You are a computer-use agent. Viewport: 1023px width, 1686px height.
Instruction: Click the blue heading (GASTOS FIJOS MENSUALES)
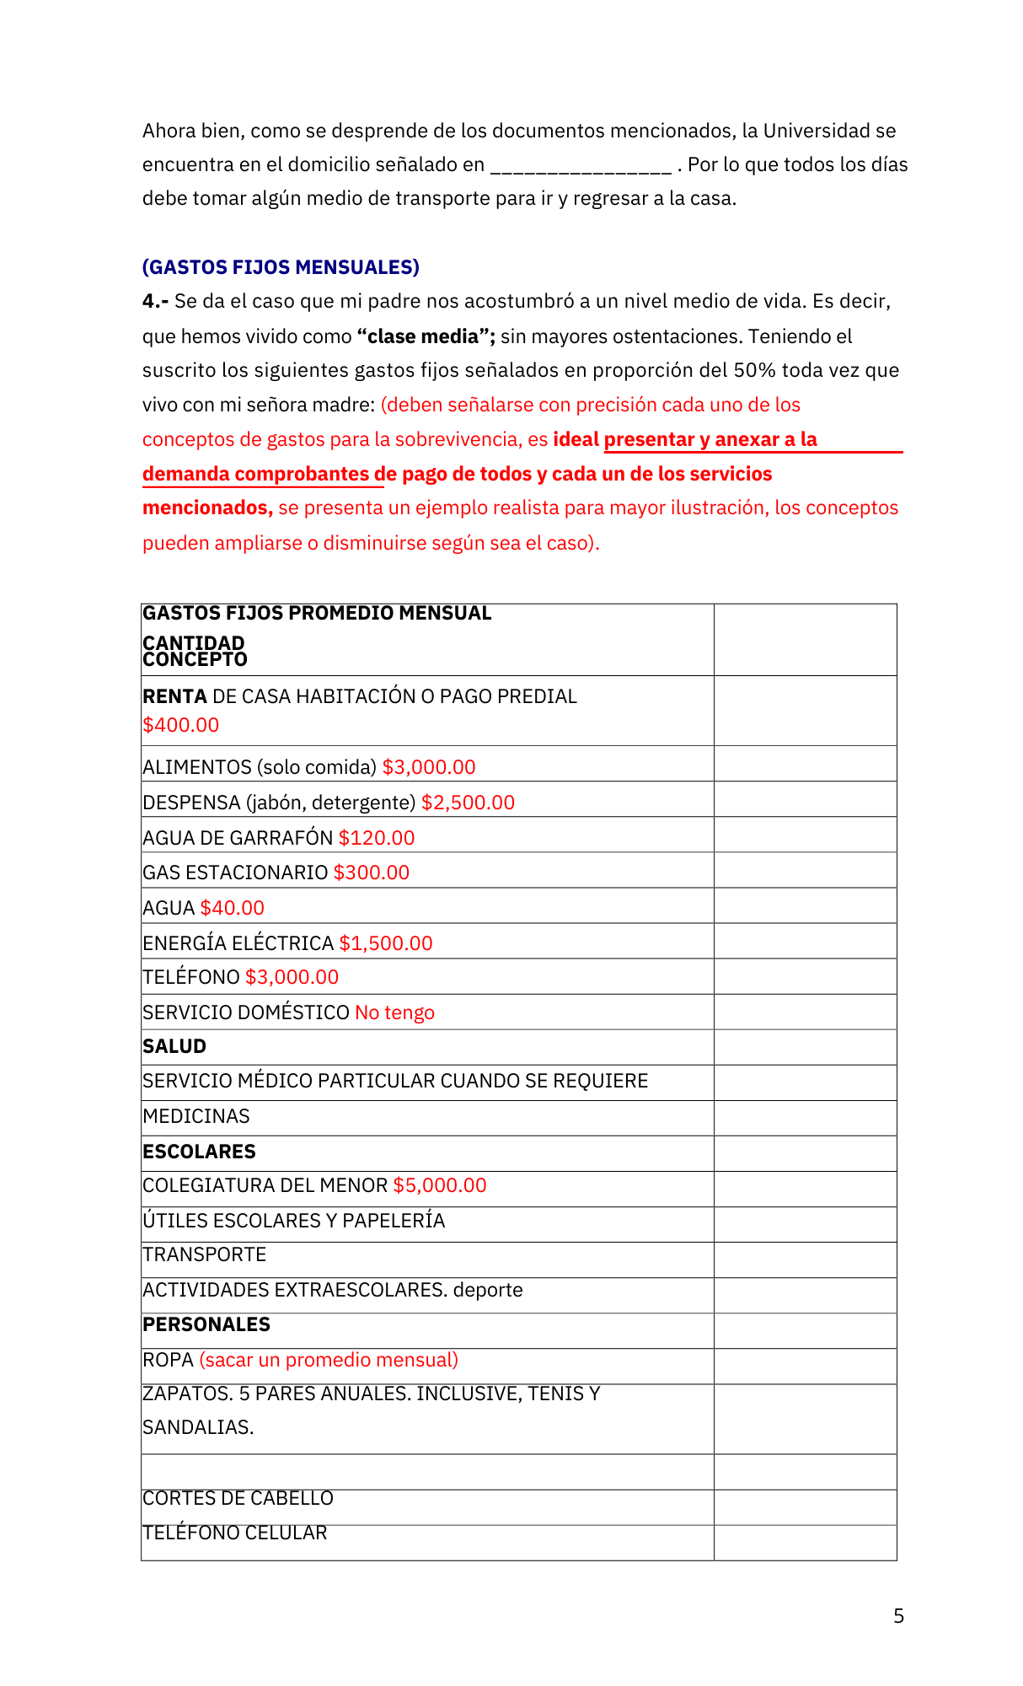(281, 267)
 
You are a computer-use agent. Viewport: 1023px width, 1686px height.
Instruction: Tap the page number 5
(898, 1616)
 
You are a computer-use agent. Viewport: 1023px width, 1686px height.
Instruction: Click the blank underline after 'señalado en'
(581, 166)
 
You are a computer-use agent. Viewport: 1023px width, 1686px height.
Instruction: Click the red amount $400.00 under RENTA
(181, 725)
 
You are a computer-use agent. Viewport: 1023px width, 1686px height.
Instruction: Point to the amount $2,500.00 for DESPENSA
(468, 803)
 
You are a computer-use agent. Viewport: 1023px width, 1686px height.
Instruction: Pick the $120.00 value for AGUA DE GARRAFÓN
(377, 838)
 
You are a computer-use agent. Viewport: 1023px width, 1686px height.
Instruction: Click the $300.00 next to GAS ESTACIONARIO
(372, 873)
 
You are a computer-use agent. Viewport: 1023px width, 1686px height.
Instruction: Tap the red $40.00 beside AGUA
(233, 908)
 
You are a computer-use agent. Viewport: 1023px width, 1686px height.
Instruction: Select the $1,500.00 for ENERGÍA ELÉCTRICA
(386, 943)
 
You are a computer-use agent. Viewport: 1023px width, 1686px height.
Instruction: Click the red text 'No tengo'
(394, 1012)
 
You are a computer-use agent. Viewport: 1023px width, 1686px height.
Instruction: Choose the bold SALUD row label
(174, 1046)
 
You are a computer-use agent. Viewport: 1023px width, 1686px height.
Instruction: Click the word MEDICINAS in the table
(196, 1116)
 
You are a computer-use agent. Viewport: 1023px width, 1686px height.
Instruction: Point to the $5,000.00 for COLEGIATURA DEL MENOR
(440, 1185)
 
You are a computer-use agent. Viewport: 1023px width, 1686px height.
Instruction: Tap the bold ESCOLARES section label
(199, 1152)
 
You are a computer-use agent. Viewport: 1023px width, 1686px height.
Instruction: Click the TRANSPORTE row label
(205, 1254)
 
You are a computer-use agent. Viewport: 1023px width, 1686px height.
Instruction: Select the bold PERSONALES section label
(206, 1324)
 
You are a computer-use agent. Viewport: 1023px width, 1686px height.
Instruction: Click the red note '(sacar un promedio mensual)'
(329, 1360)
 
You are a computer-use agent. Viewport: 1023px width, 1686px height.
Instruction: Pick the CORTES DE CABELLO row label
(238, 1498)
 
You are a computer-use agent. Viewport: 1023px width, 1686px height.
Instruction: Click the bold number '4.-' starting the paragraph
(156, 302)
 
